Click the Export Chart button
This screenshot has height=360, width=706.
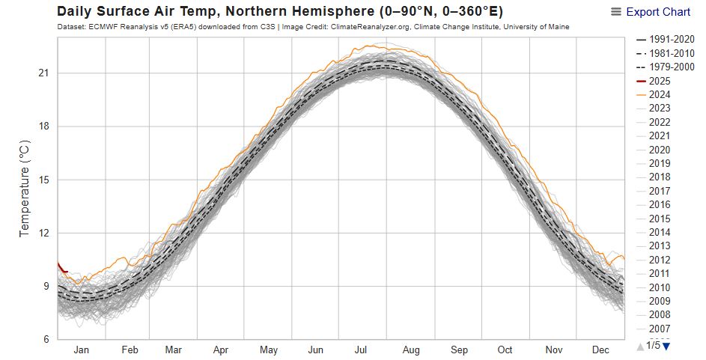[x=651, y=12]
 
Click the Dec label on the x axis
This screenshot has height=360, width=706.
[x=600, y=350]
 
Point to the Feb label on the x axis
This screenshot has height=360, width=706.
[x=130, y=350]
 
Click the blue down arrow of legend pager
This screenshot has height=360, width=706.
[x=666, y=345]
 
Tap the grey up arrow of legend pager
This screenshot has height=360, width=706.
[x=640, y=345]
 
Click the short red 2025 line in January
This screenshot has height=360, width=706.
[x=62, y=268]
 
